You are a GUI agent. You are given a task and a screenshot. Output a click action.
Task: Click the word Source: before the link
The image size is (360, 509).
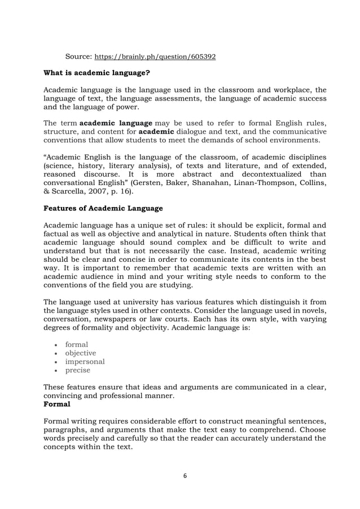(x=78, y=57)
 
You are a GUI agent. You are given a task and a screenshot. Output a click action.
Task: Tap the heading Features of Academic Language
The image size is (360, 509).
(x=103, y=208)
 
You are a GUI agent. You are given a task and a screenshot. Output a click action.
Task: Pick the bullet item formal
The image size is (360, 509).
(x=77, y=344)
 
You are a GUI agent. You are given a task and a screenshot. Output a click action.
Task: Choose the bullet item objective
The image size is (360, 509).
(x=81, y=353)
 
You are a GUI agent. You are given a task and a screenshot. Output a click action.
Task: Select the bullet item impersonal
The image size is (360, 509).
(x=85, y=362)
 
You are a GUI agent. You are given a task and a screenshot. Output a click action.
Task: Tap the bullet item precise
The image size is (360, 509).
(x=78, y=371)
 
